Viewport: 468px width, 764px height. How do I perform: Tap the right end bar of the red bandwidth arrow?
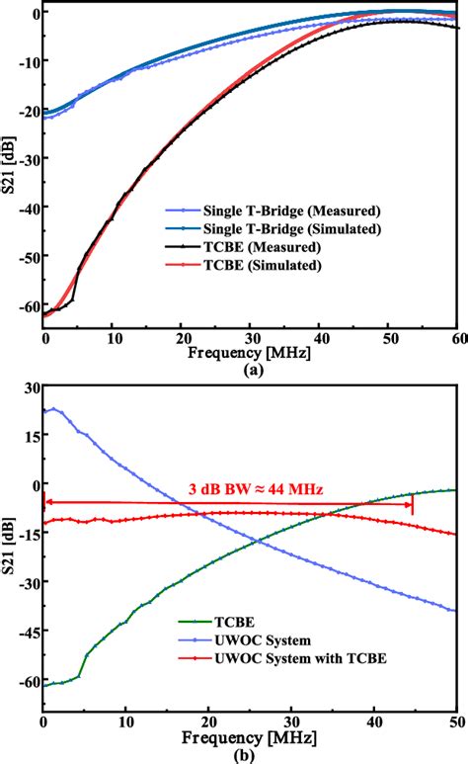tap(413, 504)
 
